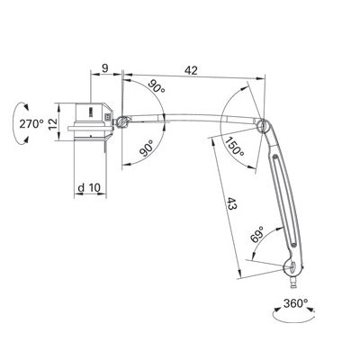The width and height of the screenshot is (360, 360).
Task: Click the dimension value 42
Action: pyautogui.click(x=191, y=70)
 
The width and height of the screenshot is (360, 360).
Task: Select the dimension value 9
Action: pyautogui.click(x=104, y=68)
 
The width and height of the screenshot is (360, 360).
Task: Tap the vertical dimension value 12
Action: pyautogui.click(x=52, y=123)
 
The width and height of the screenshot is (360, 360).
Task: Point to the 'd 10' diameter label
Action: pyautogui.click(x=89, y=188)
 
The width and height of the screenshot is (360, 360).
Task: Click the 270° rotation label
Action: pyautogui.click(x=31, y=123)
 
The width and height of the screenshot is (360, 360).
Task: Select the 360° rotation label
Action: pyautogui.click(x=295, y=303)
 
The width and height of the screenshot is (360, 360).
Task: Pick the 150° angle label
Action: pyautogui.click(x=235, y=146)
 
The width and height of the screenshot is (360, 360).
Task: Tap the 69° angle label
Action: pyautogui.click(x=256, y=234)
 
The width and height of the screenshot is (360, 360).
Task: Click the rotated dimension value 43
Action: pyautogui.click(x=232, y=203)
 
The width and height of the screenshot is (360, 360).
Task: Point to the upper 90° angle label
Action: pyautogui.click(x=157, y=85)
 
